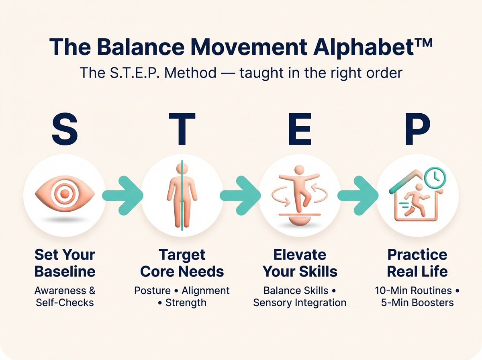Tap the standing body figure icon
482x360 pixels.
click(x=182, y=195)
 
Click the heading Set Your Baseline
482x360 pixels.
click(x=65, y=263)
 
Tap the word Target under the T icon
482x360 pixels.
click(x=182, y=255)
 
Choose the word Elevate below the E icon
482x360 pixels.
click(x=300, y=255)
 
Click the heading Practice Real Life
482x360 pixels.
click(x=417, y=263)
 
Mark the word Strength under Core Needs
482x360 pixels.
click(x=186, y=302)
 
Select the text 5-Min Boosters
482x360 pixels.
click(x=417, y=302)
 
